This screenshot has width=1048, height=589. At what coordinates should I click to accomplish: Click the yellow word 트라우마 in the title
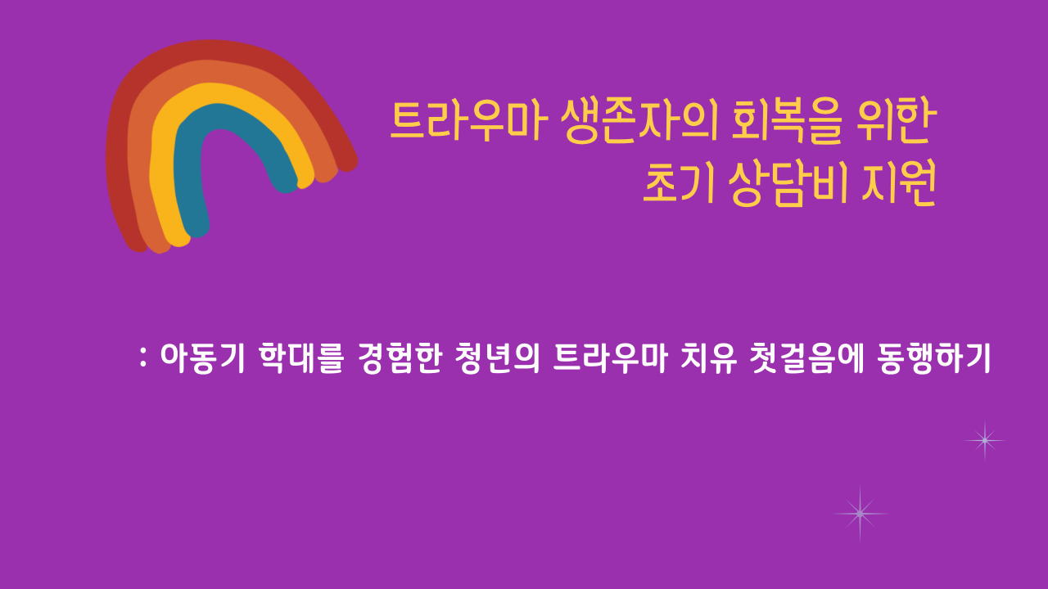[469, 121]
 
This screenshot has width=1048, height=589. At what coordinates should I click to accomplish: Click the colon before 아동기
[143, 357]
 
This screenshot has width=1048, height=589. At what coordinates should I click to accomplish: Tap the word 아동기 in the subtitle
[202, 358]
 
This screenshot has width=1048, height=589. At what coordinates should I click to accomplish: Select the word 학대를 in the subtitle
[301, 358]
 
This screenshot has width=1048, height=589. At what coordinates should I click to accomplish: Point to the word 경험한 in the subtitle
[400, 358]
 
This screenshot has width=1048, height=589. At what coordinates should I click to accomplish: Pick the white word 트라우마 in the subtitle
[610, 358]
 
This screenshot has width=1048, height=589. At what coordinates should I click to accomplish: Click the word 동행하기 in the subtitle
[934, 358]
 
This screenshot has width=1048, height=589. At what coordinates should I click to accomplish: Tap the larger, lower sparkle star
[860, 514]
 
